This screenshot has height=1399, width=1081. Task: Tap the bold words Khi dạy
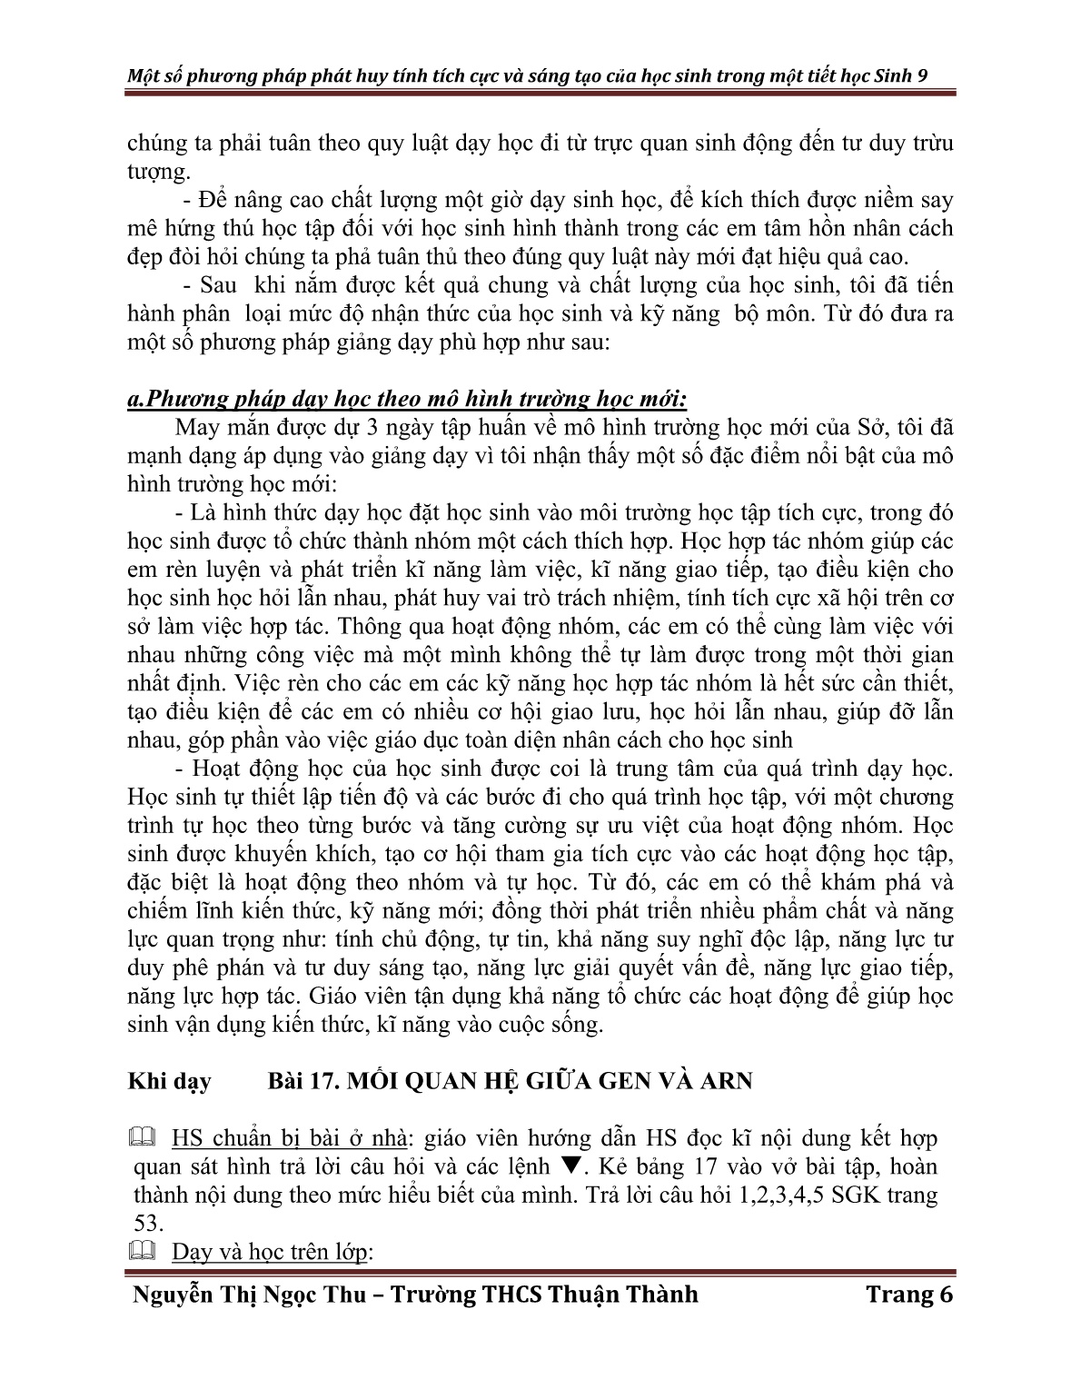click(169, 1081)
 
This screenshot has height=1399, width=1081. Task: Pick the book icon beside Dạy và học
click(144, 1252)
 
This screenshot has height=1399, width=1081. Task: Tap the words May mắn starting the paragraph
click(215, 429)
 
